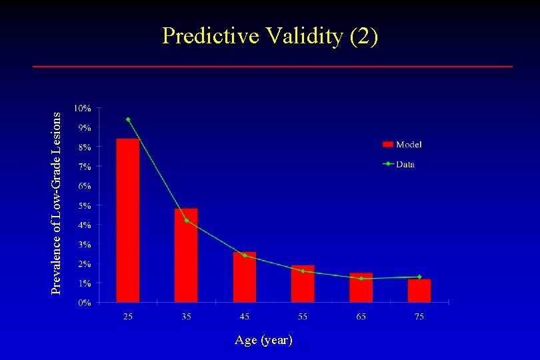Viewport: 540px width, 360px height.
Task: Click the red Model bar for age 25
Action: click(128, 221)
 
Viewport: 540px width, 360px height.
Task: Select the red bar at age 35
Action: click(186, 255)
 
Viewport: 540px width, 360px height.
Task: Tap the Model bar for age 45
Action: click(245, 277)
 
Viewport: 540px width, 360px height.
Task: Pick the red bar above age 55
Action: click(303, 284)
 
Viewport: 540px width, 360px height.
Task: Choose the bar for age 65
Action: click(361, 288)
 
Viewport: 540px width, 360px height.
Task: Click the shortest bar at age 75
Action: click(419, 291)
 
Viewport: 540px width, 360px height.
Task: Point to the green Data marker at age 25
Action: click(128, 119)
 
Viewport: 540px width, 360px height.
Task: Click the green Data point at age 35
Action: click(187, 220)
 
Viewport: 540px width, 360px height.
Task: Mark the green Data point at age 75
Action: click(419, 277)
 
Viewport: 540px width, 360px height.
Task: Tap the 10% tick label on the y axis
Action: click(83, 108)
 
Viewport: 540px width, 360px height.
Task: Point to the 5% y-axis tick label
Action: click(85, 205)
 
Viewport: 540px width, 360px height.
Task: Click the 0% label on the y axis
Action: click(85, 303)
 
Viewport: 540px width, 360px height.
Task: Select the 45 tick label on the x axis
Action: click(245, 316)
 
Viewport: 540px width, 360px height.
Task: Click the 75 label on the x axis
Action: click(419, 316)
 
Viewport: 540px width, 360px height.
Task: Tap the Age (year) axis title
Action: click(263, 340)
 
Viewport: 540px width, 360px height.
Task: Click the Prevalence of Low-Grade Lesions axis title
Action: click(57, 202)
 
